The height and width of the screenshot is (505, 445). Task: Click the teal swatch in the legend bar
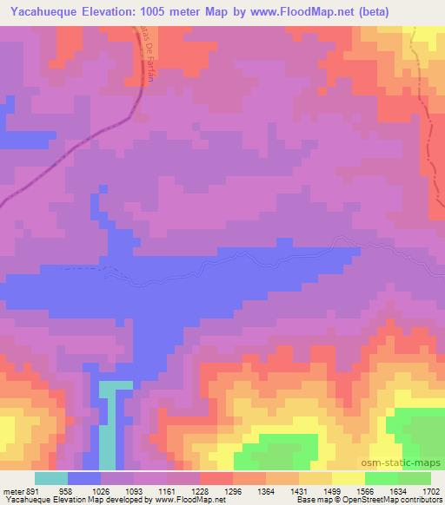tap(51, 477)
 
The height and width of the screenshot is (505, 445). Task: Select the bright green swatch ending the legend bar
tap(415, 477)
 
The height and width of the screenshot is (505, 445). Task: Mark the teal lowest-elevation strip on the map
tap(106, 425)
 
